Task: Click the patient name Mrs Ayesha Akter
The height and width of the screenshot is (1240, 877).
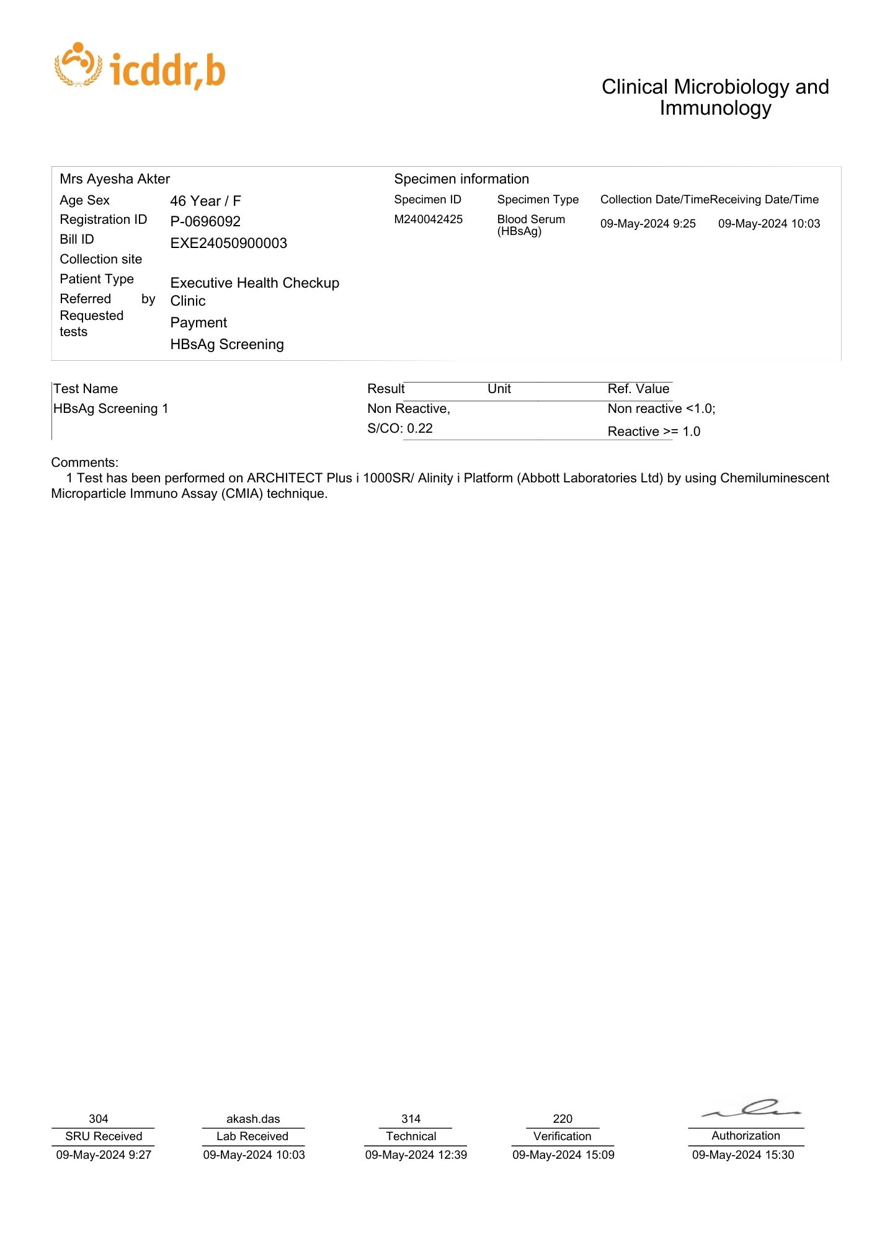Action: (x=115, y=179)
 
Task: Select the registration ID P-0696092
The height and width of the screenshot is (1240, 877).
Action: (x=205, y=221)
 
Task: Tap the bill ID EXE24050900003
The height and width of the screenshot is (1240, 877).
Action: (x=228, y=243)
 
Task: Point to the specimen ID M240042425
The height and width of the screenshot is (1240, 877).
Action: (x=428, y=219)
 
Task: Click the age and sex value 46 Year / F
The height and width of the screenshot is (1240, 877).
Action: (x=205, y=201)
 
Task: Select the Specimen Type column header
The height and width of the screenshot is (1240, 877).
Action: (x=538, y=200)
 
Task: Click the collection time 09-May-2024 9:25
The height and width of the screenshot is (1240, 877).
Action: (x=648, y=224)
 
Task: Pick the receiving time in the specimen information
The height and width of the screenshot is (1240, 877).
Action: (x=769, y=224)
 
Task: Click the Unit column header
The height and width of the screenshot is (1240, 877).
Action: (x=499, y=389)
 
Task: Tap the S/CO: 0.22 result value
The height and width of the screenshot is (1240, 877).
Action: (x=400, y=428)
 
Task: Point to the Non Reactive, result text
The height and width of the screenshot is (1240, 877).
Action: (x=408, y=409)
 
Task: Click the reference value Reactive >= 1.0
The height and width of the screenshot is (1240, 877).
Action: (x=654, y=432)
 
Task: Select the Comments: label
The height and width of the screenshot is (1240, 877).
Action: (x=84, y=463)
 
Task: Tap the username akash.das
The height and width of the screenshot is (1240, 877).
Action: (x=253, y=1118)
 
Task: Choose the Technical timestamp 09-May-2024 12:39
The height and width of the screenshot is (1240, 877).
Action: (x=416, y=1154)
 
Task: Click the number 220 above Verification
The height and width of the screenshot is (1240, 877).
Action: (x=563, y=1118)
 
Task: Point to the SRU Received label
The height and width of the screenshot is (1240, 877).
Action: (x=104, y=1136)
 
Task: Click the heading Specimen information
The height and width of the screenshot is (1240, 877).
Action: (x=461, y=179)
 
